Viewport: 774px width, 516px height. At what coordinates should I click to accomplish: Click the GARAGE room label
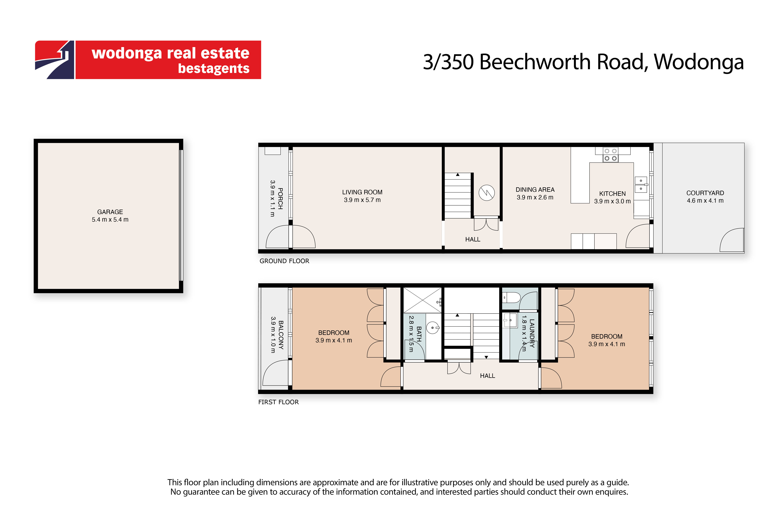click(x=110, y=212)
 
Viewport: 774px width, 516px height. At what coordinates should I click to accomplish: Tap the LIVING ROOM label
click(x=362, y=192)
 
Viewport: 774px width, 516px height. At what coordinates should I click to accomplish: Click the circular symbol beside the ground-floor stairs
click(x=487, y=193)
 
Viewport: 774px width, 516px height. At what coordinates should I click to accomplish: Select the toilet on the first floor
click(x=512, y=298)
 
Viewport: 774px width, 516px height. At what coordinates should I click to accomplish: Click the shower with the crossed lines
click(x=422, y=300)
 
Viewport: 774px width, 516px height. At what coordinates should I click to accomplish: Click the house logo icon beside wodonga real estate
click(x=55, y=60)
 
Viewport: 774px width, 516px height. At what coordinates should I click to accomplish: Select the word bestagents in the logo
click(x=214, y=68)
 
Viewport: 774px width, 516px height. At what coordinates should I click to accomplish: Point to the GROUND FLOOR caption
click(x=284, y=261)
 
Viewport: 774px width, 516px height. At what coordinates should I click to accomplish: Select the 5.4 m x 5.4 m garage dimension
click(x=110, y=219)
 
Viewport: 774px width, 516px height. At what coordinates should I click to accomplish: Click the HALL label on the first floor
click(x=487, y=376)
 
